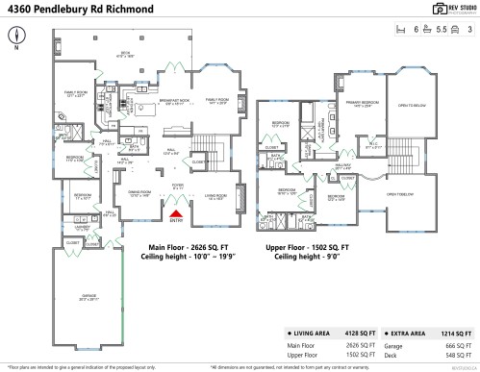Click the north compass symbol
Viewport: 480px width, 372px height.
pyautogui.click(x=16, y=35)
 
